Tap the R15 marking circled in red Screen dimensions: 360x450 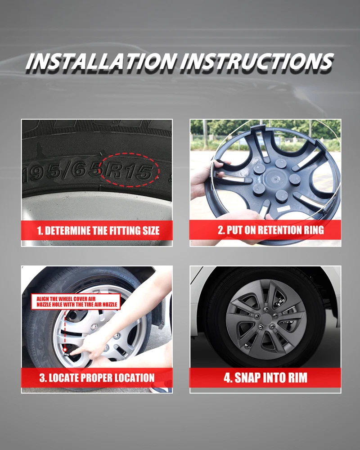coord(129,171)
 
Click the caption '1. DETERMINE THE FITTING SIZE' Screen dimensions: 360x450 coord(98,230)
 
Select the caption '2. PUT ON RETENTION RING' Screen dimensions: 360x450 coord(271,230)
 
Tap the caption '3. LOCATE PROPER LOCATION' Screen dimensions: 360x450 coord(97,378)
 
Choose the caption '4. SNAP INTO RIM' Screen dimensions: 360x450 coord(265,378)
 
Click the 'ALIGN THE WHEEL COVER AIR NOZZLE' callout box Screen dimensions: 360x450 coord(76,301)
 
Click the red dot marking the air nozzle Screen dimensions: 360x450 coord(65,350)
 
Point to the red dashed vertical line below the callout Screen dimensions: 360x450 coord(65,329)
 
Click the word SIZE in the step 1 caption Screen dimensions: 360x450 coord(151,230)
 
